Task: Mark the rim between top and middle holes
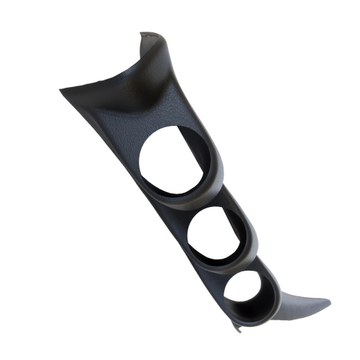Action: coord(196,204)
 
